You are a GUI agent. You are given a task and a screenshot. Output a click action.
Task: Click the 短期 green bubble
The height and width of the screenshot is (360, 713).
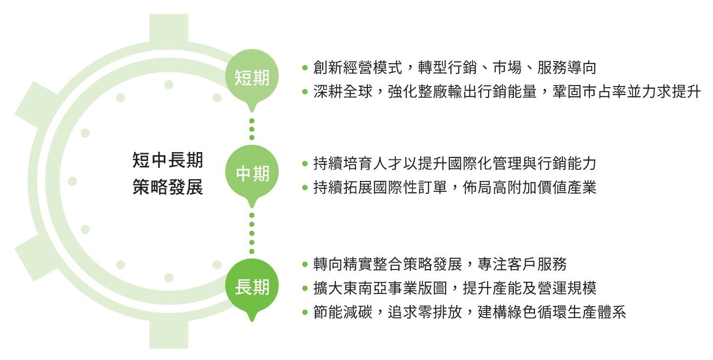pyautogui.click(x=252, y=78)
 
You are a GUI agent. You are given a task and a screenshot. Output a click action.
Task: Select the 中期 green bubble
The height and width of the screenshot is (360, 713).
pyautogui.click(x=252, y=174)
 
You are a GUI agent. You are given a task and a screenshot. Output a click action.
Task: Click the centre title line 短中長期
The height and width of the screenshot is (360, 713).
pyautogui.click(x=168, y=160)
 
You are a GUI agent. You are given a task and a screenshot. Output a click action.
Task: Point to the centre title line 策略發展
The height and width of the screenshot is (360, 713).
pyautogui.click(x=168, y=187)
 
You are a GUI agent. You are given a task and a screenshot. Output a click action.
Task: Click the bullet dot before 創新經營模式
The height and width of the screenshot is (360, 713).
pyautogui.click(x=305, y=68)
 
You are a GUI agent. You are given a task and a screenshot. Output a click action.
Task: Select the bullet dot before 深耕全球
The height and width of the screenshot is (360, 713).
pyautogui.click(x=305, y=92)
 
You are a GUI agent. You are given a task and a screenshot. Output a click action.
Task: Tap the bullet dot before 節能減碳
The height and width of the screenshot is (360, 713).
pyautogui.click(x=305, y=312)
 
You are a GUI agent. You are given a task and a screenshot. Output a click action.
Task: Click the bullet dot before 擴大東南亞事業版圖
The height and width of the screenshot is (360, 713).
pyautogui.click(x=305, y=289)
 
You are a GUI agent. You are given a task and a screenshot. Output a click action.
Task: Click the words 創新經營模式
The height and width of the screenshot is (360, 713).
pyautogui.click(x=358, y=67)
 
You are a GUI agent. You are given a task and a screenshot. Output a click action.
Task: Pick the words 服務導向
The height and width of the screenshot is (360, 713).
pyautogui.click(x=567, y=67)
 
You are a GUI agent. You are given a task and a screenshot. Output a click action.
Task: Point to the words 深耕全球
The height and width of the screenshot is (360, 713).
pyautogui.click(x=343, y=91)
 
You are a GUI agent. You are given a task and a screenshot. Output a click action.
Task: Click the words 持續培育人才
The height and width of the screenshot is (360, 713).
pyautogui.click(x=358, y=163)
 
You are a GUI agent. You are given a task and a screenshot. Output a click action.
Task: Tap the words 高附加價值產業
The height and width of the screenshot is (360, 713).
pyautogui.click(x=545, y=187)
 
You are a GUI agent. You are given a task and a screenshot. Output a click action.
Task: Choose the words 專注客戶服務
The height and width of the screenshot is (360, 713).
pyautogui.click(x=522, y=264)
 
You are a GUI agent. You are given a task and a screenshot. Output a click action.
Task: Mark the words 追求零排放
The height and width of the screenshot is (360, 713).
pyautogui.click(x=425, y=312)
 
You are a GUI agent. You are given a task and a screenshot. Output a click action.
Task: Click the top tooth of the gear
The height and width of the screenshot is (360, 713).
pyautogui.click(x=169, y=28)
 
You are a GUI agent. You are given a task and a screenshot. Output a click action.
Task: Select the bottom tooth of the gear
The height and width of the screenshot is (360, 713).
pyautogui.click(x=169, y=334)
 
